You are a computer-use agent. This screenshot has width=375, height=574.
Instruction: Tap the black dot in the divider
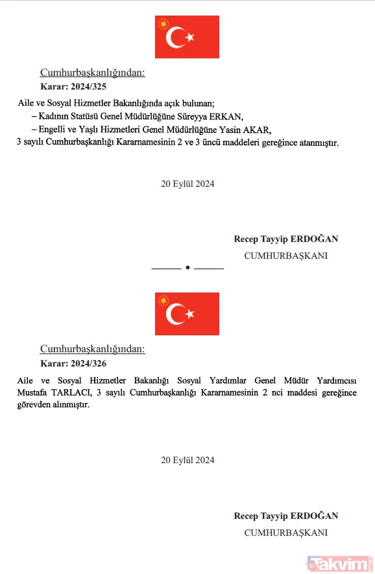pyautogui.click(x=187, y=268)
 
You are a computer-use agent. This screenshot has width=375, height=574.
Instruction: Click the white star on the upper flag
pyautogui.click(x=190, y=38)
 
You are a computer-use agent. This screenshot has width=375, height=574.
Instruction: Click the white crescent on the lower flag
pyautogui.click(x=175, y=315)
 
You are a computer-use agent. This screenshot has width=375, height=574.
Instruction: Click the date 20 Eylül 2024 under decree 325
pyautogui.click(x=187, y=184)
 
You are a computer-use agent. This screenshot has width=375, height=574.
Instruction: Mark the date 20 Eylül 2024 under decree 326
pyautogui.click(x=187, y=460)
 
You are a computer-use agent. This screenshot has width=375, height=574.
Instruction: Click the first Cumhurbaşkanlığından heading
pyautogui.click(x=93, y=73)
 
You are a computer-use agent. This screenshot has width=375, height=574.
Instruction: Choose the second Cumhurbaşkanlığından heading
pyautogui.click(x=93, y=349)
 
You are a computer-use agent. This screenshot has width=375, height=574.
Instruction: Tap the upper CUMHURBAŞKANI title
pyautogui.click(x=285, y=256)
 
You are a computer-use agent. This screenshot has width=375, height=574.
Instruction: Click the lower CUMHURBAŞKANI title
pyautogui.click(x=285, y=532)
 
